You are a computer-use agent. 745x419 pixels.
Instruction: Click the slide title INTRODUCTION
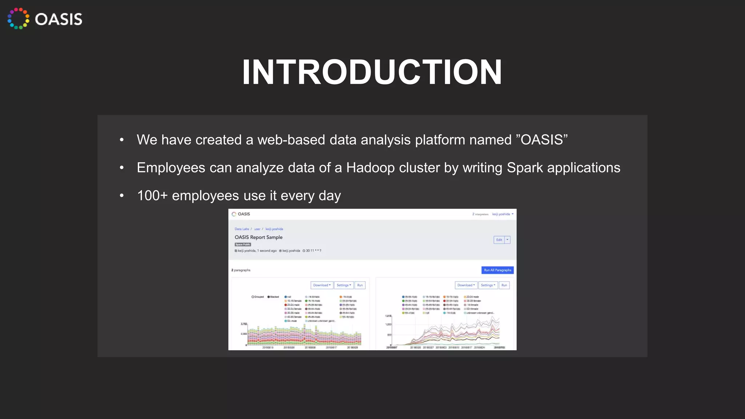[372, 72]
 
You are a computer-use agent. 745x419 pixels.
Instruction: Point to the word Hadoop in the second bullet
[370, 168]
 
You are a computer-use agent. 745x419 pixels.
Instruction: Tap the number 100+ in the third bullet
[152, 196]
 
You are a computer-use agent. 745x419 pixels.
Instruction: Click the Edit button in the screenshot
[499, 240]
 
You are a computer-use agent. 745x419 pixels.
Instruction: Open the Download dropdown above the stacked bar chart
[322, 285]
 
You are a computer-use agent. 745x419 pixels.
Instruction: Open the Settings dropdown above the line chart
[488, 285]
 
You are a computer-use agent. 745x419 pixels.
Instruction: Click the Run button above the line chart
[504, 285]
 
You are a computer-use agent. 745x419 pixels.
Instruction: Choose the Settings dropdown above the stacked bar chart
[344, 285]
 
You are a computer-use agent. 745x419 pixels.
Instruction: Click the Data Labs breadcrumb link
[242, 229]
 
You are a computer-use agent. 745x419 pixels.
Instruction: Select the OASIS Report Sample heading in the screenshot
[258, 237]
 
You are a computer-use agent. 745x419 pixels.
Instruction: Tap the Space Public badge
[243, 244]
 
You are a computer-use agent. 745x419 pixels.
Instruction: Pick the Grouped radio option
[253, 297]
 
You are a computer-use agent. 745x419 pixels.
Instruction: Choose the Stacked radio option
[269, 297]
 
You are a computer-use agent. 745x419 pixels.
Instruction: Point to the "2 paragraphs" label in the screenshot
[241, 270]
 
